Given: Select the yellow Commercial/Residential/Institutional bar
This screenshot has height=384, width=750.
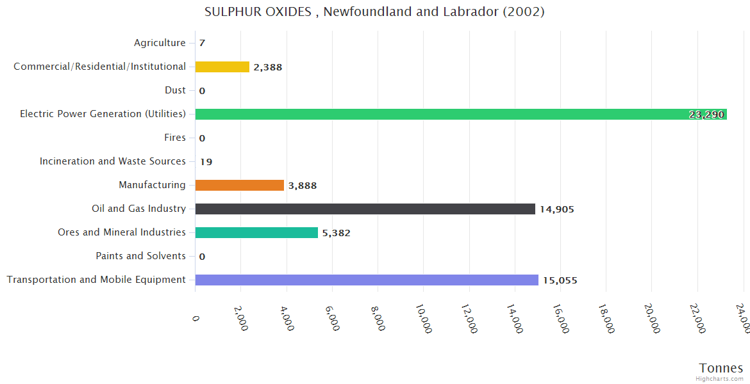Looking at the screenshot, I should point(222,67).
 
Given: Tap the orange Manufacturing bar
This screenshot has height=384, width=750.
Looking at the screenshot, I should point(239,185).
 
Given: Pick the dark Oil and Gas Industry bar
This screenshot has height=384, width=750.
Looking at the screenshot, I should point(365,209).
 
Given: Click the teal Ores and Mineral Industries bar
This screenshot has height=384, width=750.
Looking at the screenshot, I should point(256,232).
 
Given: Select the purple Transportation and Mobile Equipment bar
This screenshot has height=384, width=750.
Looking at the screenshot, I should point(367,280).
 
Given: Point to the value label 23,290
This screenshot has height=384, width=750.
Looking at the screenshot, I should point(706,115).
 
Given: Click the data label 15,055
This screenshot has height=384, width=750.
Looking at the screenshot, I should point(560,280).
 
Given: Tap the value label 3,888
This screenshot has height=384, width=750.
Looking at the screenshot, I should point(303,186).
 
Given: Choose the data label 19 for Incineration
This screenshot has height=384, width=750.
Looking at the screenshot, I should point(206,162).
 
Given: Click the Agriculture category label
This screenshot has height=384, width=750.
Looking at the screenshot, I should point(160,43).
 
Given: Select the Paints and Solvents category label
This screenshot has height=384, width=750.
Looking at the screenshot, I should point(140,256).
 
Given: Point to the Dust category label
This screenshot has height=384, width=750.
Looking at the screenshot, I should point(175,90).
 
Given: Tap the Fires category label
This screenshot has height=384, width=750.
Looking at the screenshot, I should point(175,138).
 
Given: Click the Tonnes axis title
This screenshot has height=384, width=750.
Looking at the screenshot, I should point(721,367).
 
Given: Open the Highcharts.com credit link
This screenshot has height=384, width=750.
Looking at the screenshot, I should point(720,379).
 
